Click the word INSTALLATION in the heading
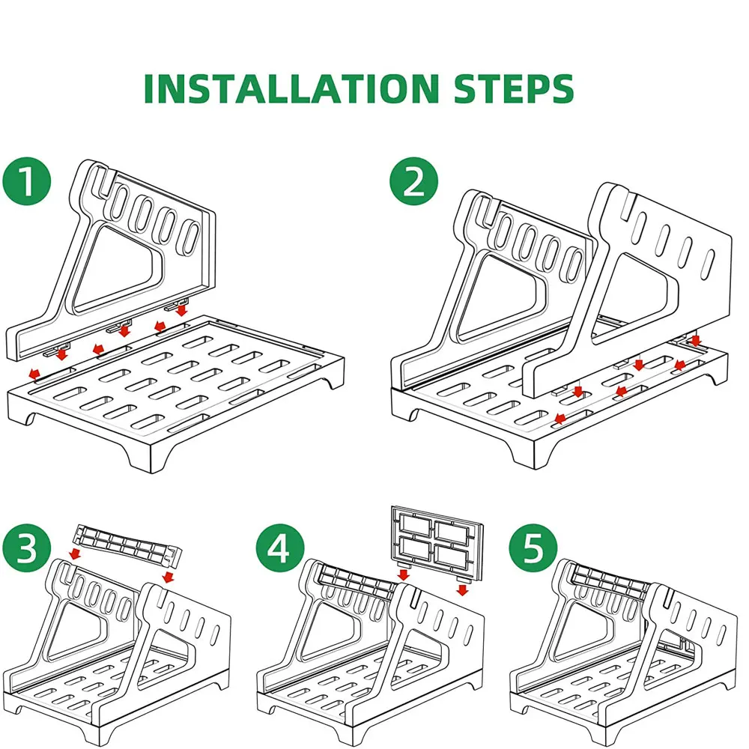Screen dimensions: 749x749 point(291,88)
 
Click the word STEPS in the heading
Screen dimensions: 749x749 point(514,88)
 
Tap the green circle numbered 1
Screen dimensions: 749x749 point(27,181)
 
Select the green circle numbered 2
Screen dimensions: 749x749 point(413,181)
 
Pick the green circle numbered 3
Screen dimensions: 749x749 point(27,548)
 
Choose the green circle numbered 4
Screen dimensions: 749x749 point(280,548)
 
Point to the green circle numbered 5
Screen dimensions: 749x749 point(533,548)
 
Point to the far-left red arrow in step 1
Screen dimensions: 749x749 point(34,373)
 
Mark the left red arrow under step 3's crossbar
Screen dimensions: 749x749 point(74,554)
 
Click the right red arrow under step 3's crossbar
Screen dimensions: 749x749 point(168,577)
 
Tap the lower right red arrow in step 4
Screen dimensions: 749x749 point(462,590)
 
